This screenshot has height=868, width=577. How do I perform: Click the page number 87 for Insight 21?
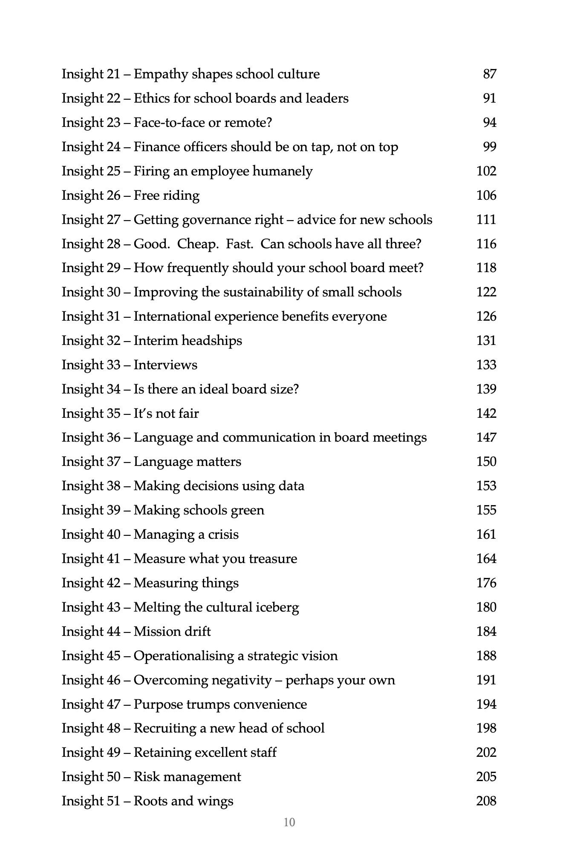click(x=490, y=74)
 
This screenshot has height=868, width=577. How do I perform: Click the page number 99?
click(x=490, y=147)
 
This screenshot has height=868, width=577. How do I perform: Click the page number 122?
click(x=486, y=292)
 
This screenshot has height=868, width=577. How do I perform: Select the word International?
click(x=172, y=316)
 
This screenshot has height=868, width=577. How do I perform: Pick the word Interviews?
click(x=165, y=365)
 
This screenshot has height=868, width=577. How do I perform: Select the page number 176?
click(x=486, y=583)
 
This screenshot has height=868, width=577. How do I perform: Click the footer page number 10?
click(x=289, y=822)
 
